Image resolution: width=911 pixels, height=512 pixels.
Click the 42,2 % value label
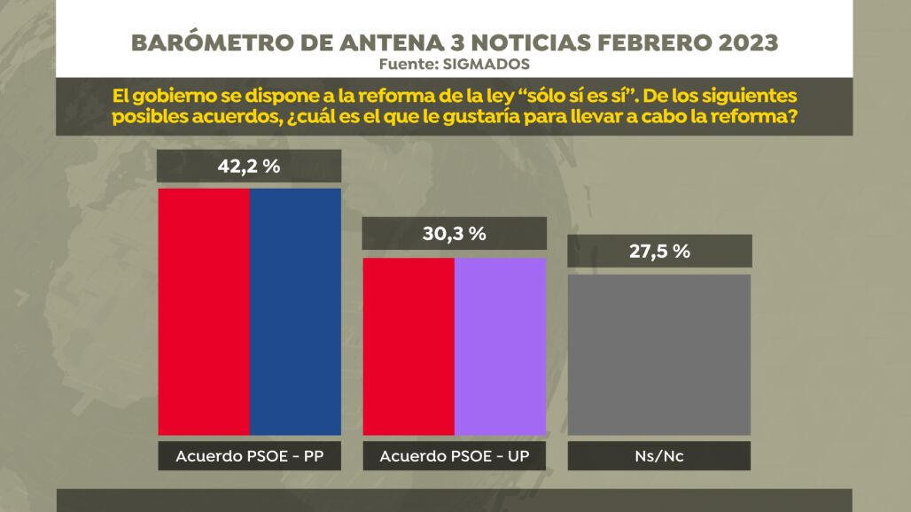[248, 167]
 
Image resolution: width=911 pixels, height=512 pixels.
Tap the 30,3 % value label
[454, 234]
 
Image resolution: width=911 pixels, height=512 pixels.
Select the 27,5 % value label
[659, 251]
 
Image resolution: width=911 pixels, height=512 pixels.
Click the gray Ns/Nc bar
[658, 354]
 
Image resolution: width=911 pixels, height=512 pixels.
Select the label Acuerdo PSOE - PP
[249, 456]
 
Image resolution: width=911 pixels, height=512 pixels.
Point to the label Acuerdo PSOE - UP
[454, 456]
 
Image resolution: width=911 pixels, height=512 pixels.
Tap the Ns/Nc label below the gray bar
[658, 456]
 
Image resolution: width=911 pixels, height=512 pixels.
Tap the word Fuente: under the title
[410, 64]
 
